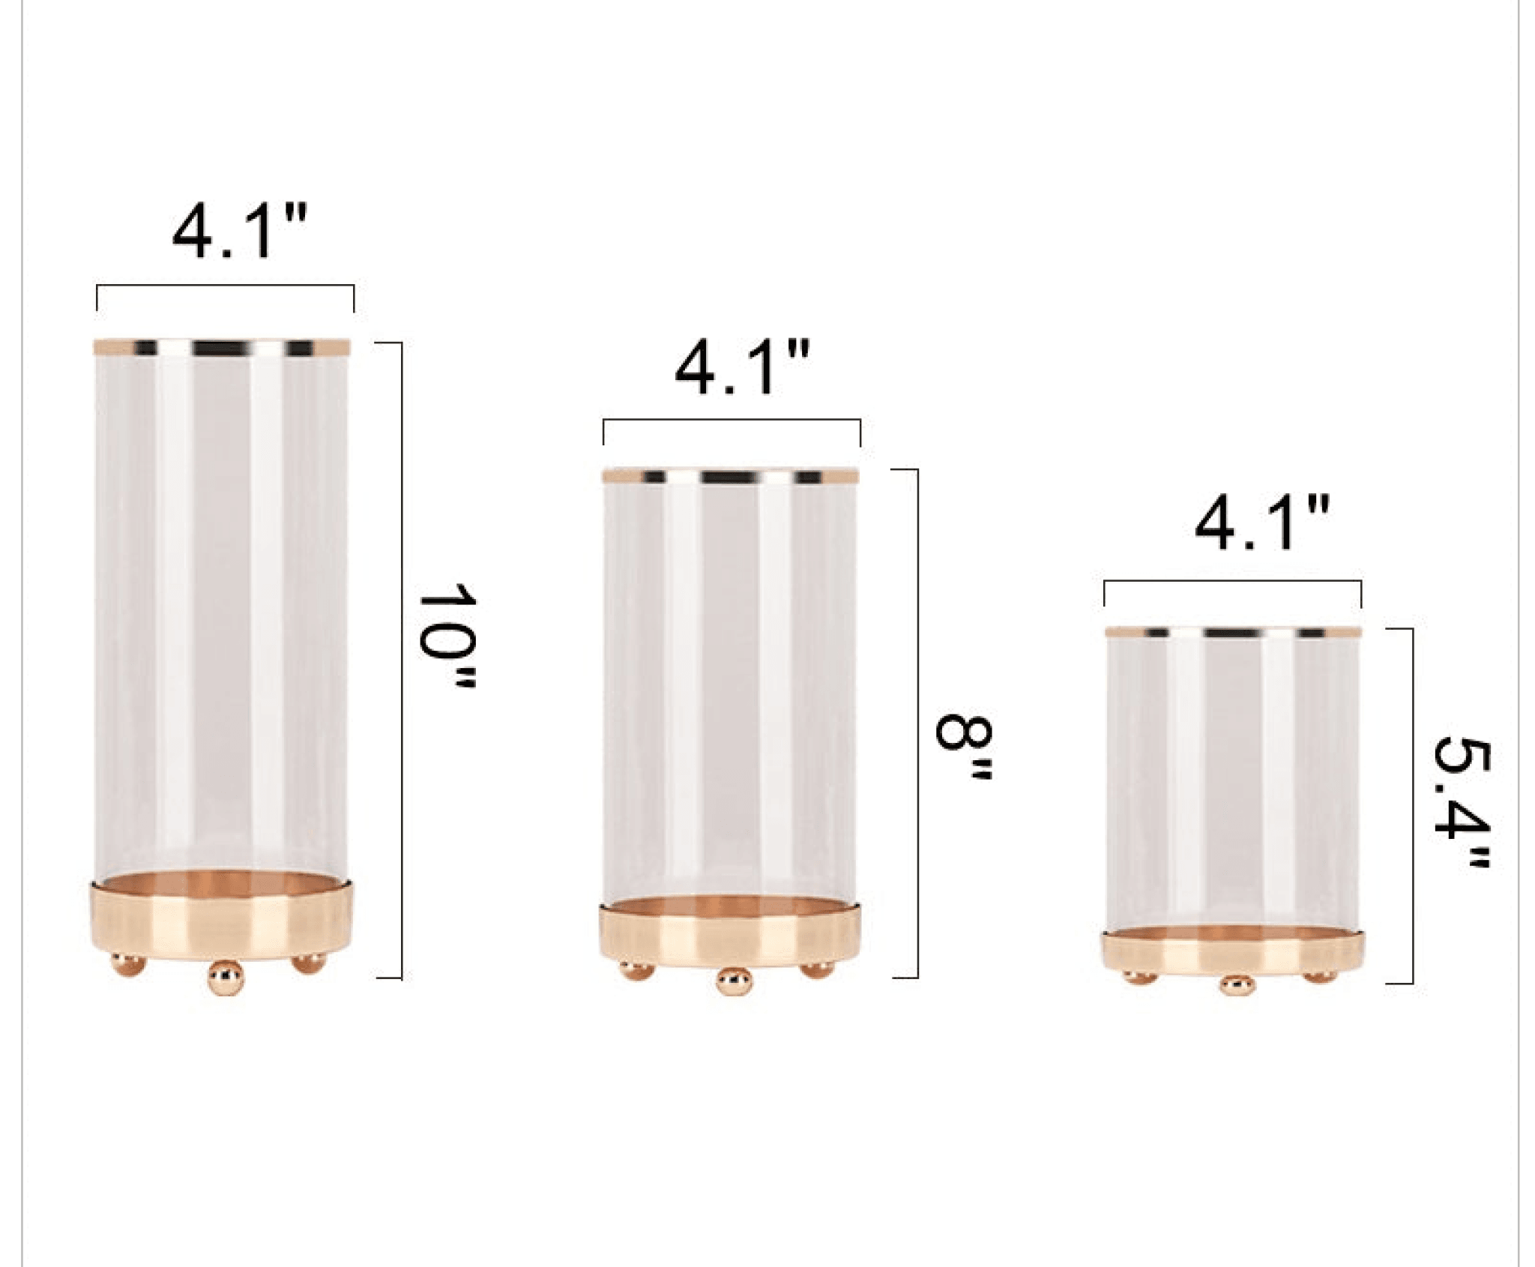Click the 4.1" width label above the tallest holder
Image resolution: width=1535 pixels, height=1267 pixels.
tap(240, 232)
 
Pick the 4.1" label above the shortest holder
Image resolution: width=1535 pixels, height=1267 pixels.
tap(1262, 523)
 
